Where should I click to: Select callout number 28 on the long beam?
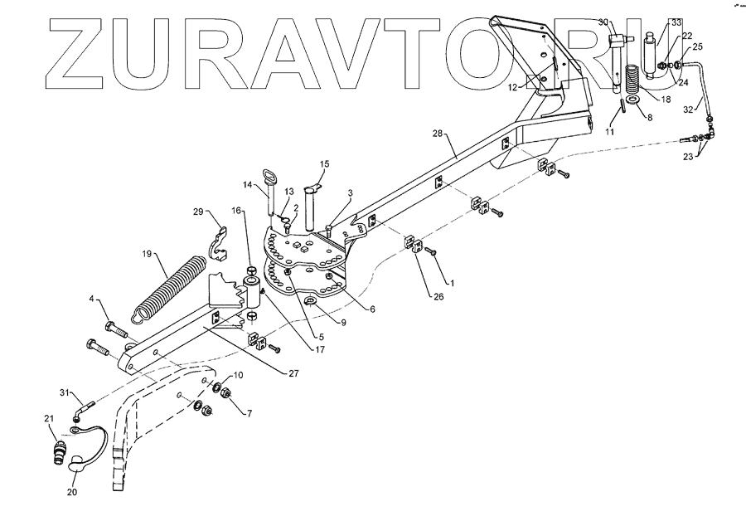(438, 134)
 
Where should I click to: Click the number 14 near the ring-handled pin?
(247, 184)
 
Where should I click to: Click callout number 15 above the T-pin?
(324, 163)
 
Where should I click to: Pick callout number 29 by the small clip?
(199, 212)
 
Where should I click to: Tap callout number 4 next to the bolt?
(93, 299)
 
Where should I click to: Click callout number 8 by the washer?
(649, 119)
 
